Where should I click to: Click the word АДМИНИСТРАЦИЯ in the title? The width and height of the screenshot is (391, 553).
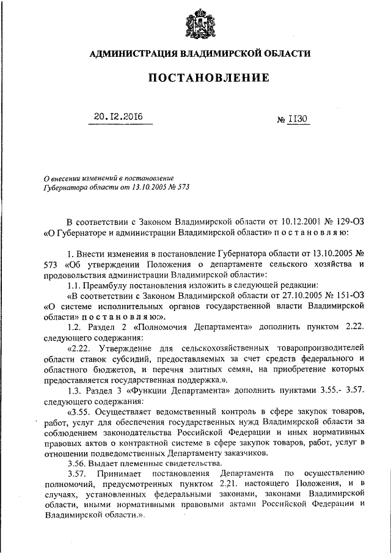(x=130, y=54)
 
